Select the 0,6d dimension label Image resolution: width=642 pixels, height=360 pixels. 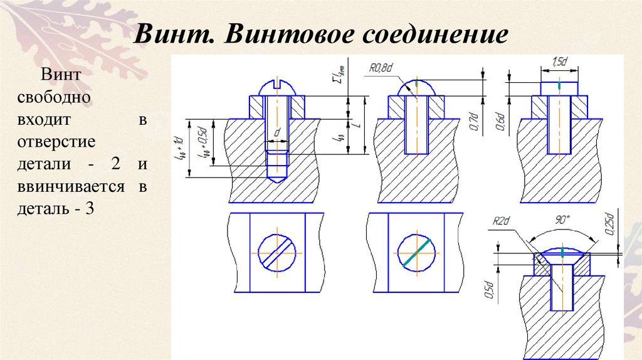[x=500, y=120]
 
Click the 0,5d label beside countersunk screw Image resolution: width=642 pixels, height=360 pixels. [x=492, y=290]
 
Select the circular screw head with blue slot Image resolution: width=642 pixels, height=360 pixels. [x=278, y=253]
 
